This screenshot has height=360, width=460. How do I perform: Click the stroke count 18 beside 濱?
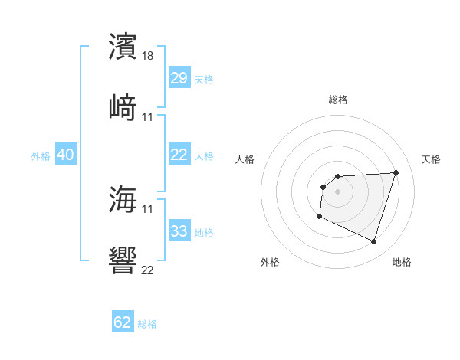149,56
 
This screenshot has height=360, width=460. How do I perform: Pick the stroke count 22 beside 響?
148,269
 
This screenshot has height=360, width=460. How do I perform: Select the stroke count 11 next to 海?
148,208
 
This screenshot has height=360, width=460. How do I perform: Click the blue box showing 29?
179,78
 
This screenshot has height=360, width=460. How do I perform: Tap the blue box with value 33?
179,231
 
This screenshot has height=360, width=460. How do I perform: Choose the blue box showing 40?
65,155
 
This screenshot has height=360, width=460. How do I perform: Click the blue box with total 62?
123,322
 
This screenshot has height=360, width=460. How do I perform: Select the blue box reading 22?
179,155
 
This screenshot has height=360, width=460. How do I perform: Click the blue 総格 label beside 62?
147,324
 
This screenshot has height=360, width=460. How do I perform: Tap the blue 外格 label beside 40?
41,156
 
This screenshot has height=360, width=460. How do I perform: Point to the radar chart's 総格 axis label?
338,100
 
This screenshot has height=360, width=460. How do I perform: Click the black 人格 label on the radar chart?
246,159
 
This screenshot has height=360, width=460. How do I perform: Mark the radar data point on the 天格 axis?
396,172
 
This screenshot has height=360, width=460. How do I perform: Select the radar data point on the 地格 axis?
373,242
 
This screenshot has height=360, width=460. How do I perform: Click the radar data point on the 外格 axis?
319,217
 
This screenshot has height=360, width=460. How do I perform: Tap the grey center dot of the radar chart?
337,191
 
